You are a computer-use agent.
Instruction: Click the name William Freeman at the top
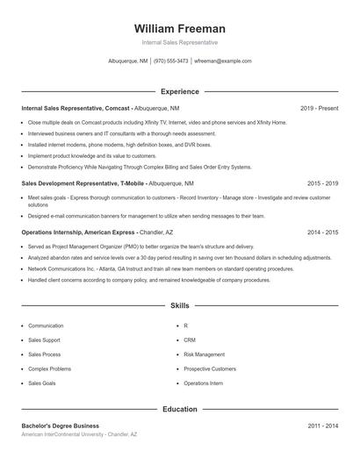179,28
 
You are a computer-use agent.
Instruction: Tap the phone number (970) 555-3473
171,61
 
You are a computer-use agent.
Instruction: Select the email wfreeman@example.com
223,61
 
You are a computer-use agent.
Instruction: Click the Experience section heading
179,91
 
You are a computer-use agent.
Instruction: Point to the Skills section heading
179,306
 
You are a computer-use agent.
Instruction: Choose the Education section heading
179,409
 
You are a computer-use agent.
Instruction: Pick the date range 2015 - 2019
322,183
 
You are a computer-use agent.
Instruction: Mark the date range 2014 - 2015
322,232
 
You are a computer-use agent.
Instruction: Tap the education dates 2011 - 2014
322,426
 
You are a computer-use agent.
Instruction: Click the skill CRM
190,340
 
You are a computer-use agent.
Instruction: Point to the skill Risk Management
204,354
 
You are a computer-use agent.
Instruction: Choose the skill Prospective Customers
210,368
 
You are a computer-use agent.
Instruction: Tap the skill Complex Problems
49,368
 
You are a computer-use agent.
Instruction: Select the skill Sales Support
44,340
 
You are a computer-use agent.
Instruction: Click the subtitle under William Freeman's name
179,42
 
